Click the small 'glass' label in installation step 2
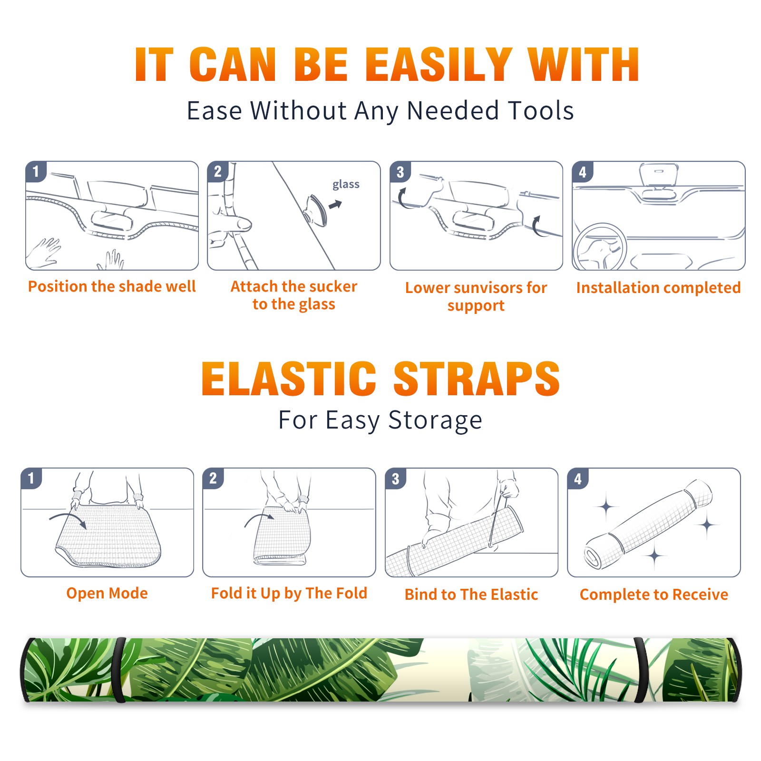coord(346,185)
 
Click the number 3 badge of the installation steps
coord(400,172)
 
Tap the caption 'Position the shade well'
coord(112,286)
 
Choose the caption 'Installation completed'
coord(658,287)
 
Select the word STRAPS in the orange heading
coord(477,379)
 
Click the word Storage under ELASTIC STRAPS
coord(435,420)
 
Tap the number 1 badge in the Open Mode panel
coord(31,478)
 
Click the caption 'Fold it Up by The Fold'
coord(289,593)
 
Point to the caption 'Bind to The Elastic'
coord(471,595)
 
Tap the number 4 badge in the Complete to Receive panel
coord(578,478)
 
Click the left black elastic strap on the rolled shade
coord(119,670)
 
